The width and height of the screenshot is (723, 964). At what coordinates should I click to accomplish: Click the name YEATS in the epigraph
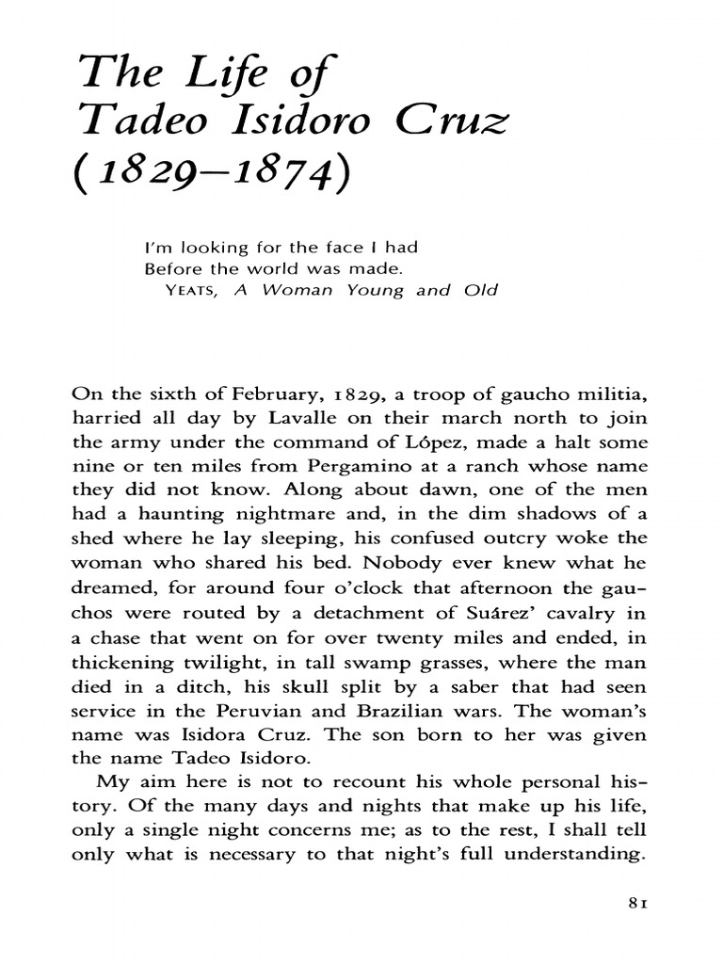pyautogui.click(x=192, y=291)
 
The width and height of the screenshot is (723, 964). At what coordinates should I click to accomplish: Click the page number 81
pyautogui.click(x=636, y=929)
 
